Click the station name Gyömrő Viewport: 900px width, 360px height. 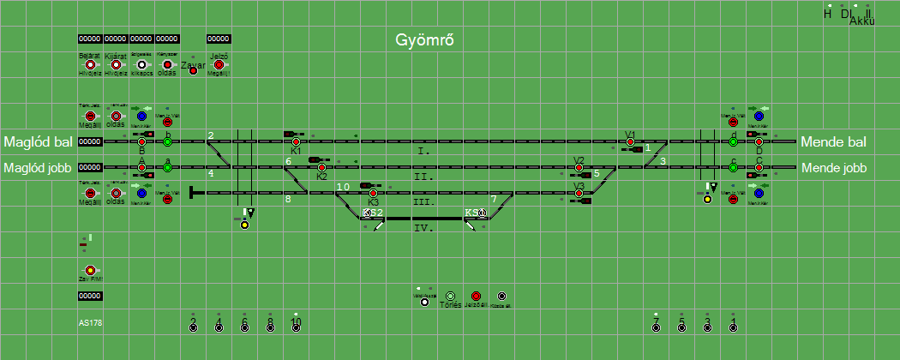click(x=423, y=40)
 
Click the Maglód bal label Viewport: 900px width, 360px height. click(x=37, y=141)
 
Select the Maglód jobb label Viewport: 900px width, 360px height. click(x=39, y=168)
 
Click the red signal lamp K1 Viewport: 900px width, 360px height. click(x=296, y=141)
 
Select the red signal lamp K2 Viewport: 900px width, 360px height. click(x=321, y=167)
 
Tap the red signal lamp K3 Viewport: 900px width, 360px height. click(x=373, y=193)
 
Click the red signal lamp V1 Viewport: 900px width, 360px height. click(x=630, y=141)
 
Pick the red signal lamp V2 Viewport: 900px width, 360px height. click(x=579, y=167)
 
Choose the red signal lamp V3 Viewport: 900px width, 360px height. click(x=579, y=193)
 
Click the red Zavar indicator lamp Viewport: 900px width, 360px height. click(x=193, y=69)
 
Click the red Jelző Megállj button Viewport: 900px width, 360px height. click(x=219, y=64)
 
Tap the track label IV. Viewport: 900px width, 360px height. click(x=423, y=228)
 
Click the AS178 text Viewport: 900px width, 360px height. click(x=90, y=323)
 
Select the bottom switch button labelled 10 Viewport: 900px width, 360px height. click(x=296, y=327)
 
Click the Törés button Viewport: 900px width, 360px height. click(x=451, y=296)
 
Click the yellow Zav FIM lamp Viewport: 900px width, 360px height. click(x=90, y=270)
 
